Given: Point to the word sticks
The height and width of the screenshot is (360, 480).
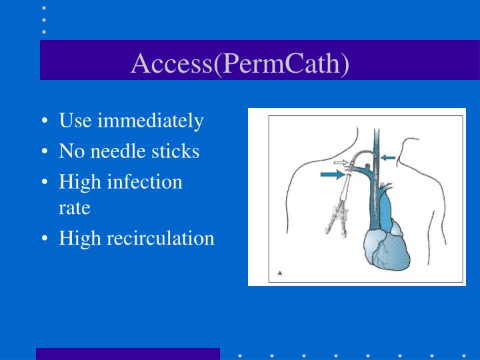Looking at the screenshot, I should (177, 151).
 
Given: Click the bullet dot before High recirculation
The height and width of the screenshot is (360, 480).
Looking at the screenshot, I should (44, 238).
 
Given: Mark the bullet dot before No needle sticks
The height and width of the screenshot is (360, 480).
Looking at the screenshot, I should (44, 152).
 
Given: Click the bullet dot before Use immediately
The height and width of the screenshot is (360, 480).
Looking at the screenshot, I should (44, 121).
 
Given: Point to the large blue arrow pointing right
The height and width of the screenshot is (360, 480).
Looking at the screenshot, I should (334, 175).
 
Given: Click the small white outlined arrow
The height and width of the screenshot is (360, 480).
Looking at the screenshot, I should (340, 162).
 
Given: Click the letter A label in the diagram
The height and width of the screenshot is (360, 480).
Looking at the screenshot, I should (280, 273).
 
